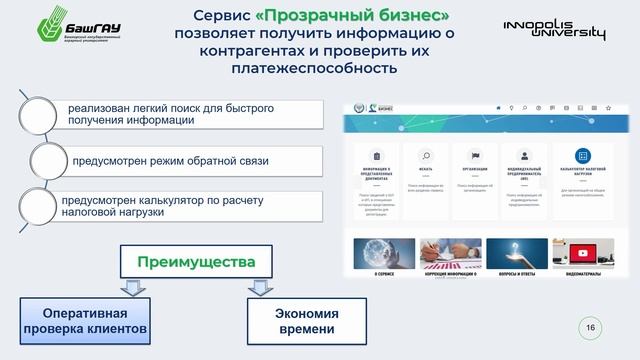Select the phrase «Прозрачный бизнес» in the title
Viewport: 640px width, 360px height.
(x=366, y=16)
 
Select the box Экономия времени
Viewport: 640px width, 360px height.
(x=306, y=320)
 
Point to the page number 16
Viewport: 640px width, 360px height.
(x=590, y=327)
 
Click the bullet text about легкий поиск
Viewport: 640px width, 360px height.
(x=170, y=114)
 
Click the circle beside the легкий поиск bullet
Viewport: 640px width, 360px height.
(x=38, y=114)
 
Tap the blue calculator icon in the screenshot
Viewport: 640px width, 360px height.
(x=583, y=156)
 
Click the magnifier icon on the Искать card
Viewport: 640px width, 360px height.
(x=426, y=156)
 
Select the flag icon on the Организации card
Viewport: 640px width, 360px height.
(x=474, y=156)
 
